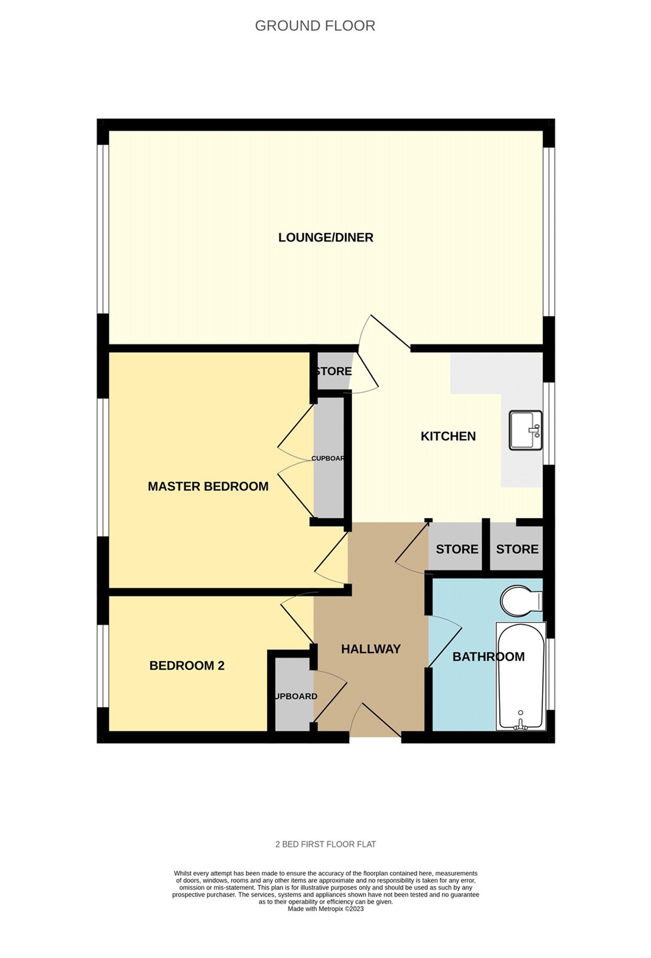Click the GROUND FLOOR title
[x=315, y=26]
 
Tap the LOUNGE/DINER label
[x=325, y=237]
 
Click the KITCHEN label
[x=448, y=436]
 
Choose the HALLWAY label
[x=371, y=649]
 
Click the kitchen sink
[x=525, y=430]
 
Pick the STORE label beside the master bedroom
[x=334, y=371]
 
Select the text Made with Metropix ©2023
[x=325, y=908]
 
